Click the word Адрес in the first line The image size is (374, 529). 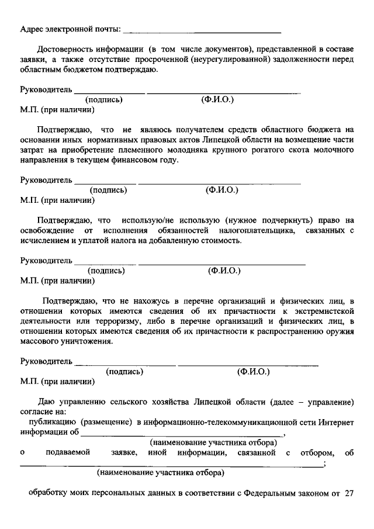coord(33,29)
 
